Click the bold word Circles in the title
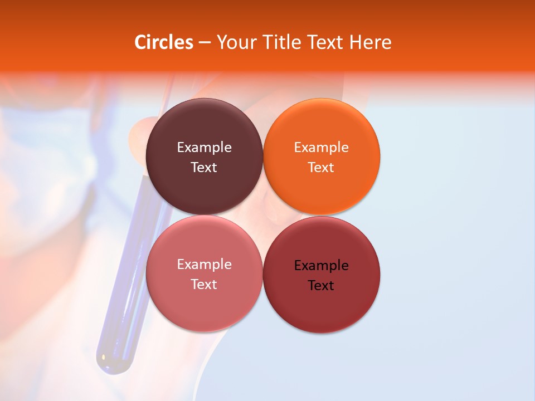tap(163, 42)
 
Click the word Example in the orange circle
tap(321, 148)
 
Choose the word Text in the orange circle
tap(321, 167)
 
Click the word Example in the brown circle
tap(204, 148)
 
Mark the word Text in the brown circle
tap(204, 167)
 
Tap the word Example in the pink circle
tap(204, 265)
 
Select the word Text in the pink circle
tap(204, 284)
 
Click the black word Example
tap(321, 266)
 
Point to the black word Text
tap(321, 285)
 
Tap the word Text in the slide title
tap(326, 42)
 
